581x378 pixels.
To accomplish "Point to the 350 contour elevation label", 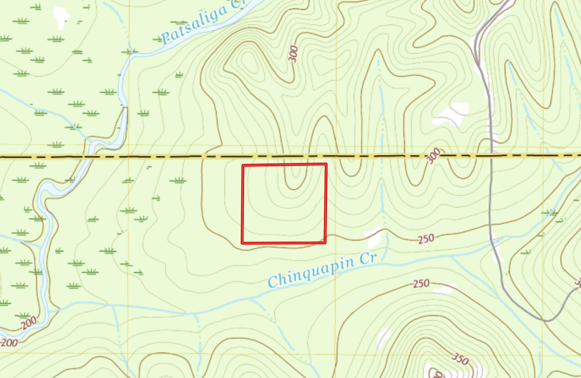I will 460,359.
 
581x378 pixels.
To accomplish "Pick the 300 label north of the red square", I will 293,54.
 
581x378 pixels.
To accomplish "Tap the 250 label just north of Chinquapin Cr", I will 426,239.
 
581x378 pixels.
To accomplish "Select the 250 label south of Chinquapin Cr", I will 421,284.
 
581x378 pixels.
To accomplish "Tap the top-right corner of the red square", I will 326,164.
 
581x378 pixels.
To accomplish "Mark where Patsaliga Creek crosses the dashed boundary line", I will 86,157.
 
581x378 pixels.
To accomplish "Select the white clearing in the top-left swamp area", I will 61,16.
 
